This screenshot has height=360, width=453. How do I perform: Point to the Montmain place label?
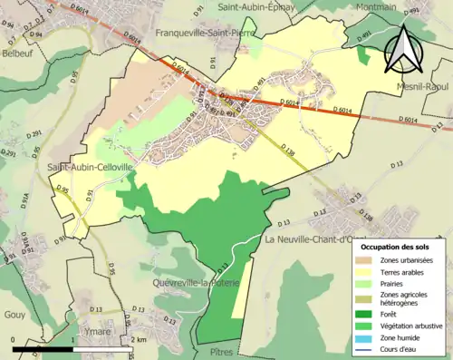pos(375,6)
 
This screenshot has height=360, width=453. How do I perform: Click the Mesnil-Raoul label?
pos(418,86)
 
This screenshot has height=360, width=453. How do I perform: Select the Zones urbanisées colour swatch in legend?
pos(362,261)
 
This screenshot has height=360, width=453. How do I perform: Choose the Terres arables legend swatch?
pos(362,272)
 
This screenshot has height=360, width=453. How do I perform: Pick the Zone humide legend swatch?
pos(362,336)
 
